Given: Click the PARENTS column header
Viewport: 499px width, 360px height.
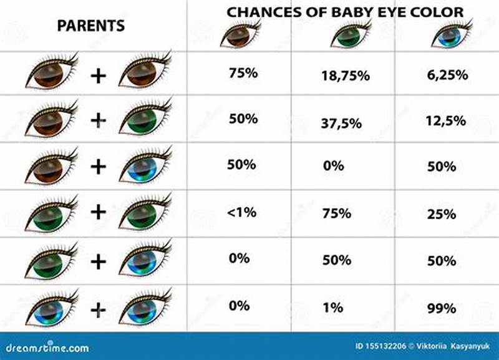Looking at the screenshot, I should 91,26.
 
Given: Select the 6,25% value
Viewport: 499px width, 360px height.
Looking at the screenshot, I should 447,75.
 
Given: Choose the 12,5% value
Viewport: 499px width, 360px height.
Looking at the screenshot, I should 447,121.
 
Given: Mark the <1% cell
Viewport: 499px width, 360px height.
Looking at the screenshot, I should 242,212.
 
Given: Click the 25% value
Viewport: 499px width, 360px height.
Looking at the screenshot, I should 442,214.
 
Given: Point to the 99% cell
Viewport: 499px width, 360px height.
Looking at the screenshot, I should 442,308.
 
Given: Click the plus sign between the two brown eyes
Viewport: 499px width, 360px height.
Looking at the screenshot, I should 98,76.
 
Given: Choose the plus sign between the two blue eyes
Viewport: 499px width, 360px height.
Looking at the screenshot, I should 98,309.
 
